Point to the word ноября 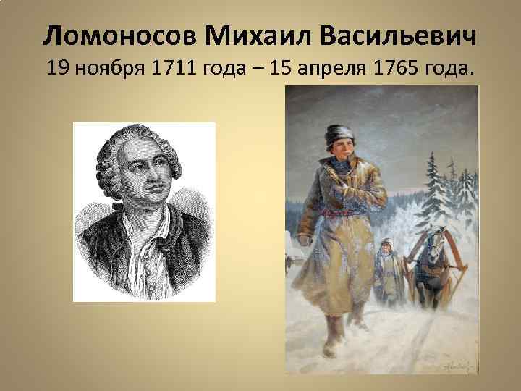[x=106, y=70]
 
